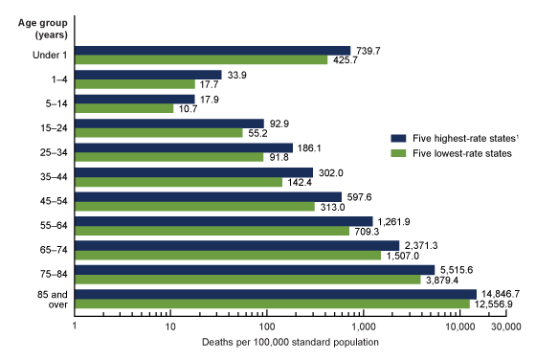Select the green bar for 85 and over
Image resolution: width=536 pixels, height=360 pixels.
272,304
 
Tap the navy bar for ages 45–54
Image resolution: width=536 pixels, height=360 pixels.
208,196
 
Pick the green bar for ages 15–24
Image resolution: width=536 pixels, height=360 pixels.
158,133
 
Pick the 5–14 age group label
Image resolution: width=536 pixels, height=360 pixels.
51,103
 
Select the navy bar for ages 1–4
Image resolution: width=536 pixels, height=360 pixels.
148,74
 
